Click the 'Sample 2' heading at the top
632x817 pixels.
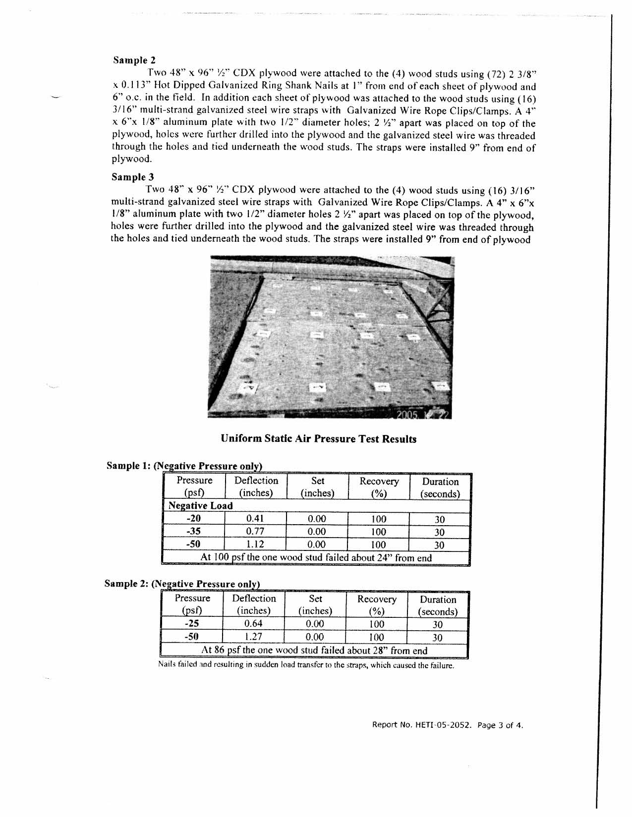(134, 60)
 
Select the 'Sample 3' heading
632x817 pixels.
(133, 177)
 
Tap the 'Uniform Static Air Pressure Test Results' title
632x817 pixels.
(318, 438)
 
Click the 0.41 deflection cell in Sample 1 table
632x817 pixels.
(255, 519)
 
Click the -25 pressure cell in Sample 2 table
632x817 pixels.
(191, 624)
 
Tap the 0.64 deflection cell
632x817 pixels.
(253, 624)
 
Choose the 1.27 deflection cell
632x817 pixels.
(253, 637)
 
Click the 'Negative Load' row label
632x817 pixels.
(200, 506)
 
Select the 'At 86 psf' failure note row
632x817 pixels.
(314, 650)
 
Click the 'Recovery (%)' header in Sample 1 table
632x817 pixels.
(379, 487)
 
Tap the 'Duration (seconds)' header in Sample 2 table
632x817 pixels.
(438, 605)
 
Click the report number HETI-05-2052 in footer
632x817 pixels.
(421, 725)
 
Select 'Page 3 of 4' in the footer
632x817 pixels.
(500, 725)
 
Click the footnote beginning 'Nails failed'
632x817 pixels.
(305, 665)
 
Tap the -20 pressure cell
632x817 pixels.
(193, 519)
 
